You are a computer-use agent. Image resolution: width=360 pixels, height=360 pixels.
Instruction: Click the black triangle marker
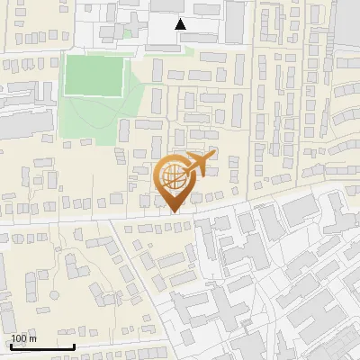pos(181,24)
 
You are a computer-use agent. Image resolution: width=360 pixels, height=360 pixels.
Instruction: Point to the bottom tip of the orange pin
pos(172,211)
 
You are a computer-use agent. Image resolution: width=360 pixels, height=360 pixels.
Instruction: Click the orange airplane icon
pos(200,164)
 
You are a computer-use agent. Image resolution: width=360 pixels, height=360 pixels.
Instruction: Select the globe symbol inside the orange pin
pos(173,176)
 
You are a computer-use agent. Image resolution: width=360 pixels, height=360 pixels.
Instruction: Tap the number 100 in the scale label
pos(19,338)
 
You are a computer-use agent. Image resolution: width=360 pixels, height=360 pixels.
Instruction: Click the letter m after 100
pos(32,338)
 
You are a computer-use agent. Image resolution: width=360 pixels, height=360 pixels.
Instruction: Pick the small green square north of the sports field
pos(127,34)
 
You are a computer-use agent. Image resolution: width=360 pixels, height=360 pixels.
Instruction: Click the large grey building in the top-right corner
pos(346,18)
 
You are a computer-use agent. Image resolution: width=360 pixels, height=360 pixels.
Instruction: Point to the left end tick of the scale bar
pos(11,344)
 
